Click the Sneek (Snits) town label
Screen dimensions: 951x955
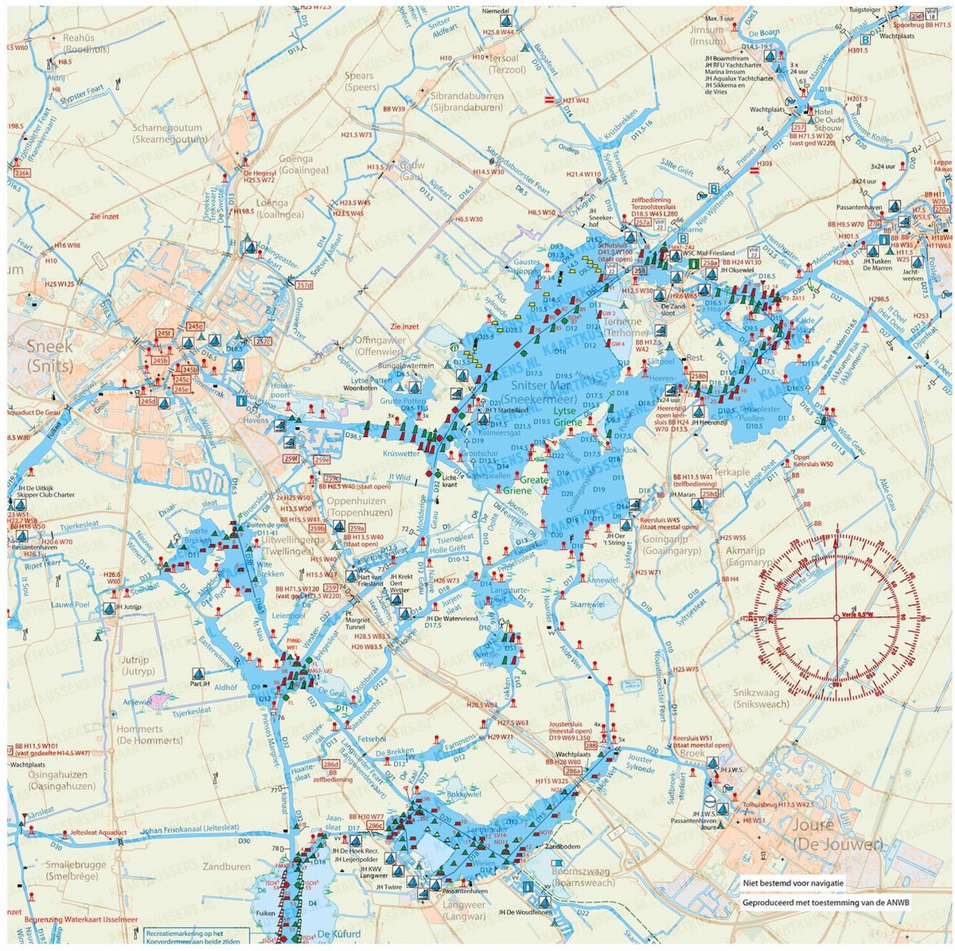49,356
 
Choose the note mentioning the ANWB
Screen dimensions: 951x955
825,903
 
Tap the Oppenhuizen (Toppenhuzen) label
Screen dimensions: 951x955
357,507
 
